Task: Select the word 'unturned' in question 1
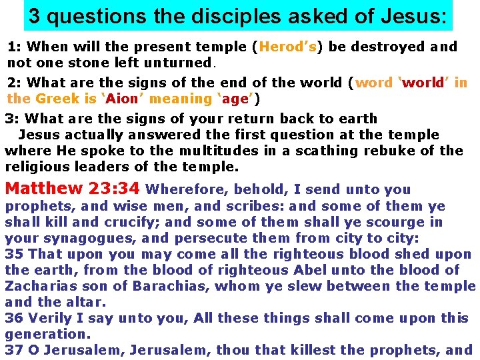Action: (181, 63)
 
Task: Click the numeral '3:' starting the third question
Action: (12, 119)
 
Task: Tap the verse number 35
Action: (13, 254)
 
